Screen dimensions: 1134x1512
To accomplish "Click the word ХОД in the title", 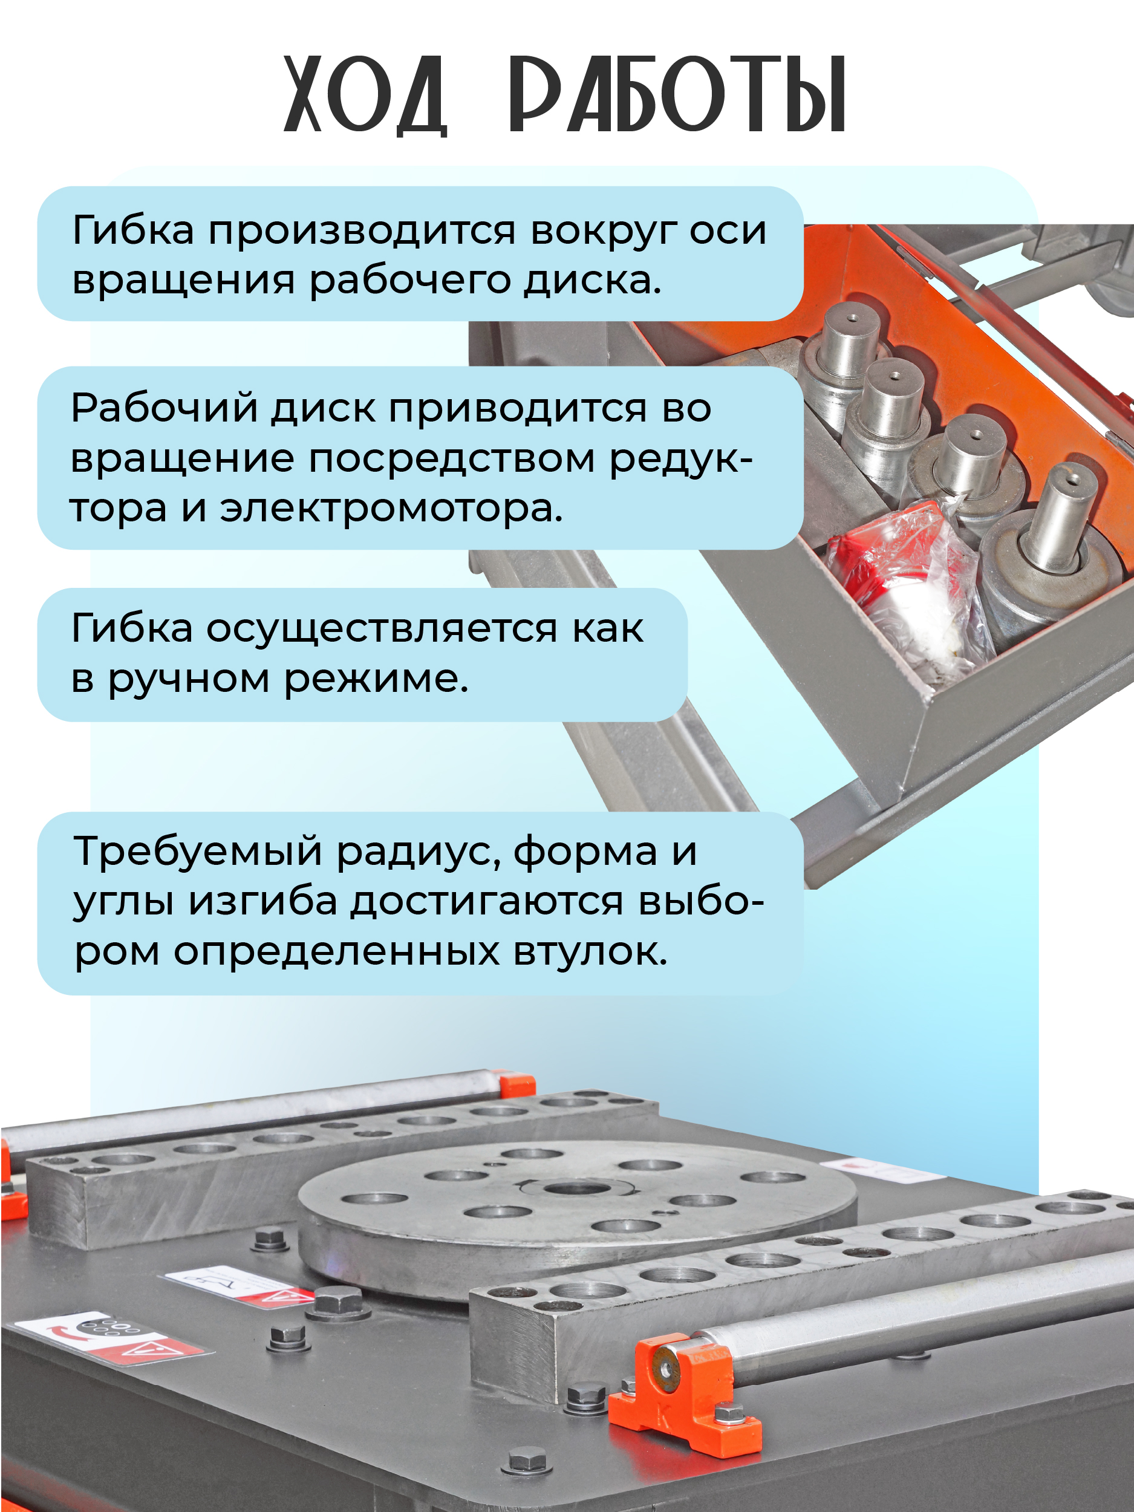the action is point(366,96).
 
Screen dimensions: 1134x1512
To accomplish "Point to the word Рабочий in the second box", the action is point(164,409).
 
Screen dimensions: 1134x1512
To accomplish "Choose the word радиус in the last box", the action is point(420,853).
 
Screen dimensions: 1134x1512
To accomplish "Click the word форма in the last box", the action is point(586,853).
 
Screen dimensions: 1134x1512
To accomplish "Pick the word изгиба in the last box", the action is point(263,902).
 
